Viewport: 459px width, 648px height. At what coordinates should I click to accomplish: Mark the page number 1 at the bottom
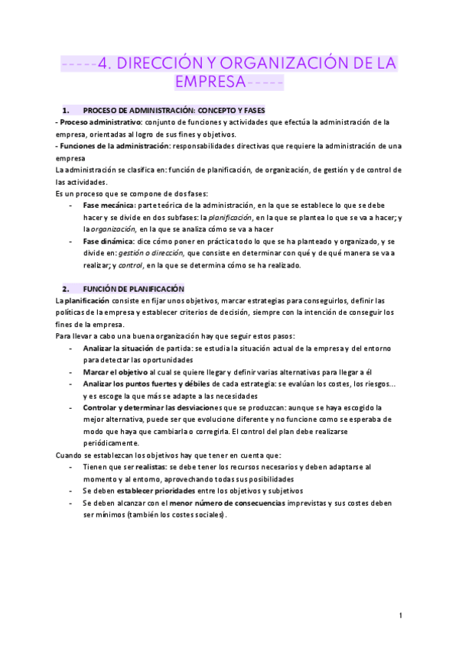[400, 615]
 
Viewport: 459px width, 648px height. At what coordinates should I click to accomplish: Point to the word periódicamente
[111, 443]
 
